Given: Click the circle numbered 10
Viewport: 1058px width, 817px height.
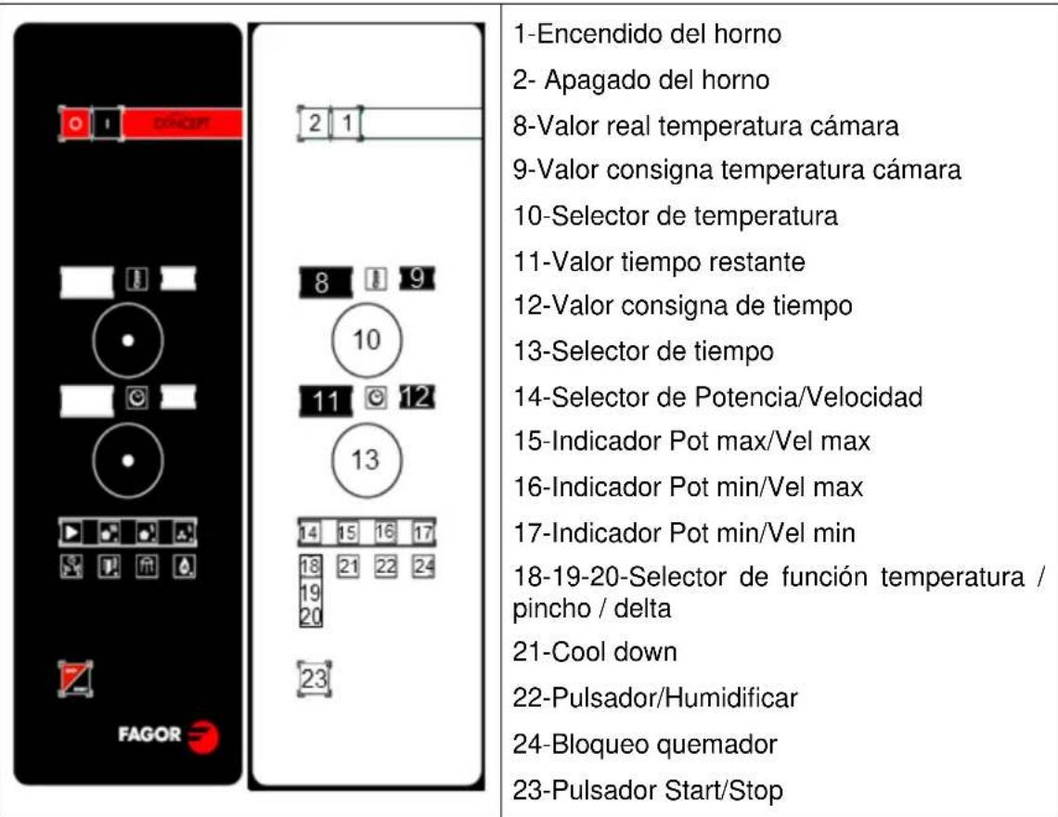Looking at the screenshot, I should click(x=367, y=339).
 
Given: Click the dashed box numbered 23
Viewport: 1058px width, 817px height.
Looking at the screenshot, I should click(x=315, y=679).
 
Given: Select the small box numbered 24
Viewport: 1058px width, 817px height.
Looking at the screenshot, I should click(x=423, y=565).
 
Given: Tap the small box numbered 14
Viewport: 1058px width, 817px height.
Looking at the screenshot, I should click(x=309, y=533).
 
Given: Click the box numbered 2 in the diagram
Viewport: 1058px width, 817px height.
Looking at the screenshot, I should click(x=315, y=122).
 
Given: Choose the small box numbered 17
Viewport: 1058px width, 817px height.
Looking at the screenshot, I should click(x=423, y=532).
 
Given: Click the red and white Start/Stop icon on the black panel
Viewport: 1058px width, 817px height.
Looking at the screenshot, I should click(x=74, y=679).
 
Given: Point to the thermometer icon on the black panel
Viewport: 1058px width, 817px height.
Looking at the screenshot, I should click(x=136, y=280).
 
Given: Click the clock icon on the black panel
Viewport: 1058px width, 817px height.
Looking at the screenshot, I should click(x=136, y=399).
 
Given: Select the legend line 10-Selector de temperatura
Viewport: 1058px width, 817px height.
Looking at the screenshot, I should click(x=676, y=216).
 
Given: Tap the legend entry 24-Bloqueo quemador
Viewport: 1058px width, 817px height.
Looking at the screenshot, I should click(x=645, y=744).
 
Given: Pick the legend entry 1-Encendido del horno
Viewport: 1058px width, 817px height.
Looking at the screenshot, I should click(x=646, y=34).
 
